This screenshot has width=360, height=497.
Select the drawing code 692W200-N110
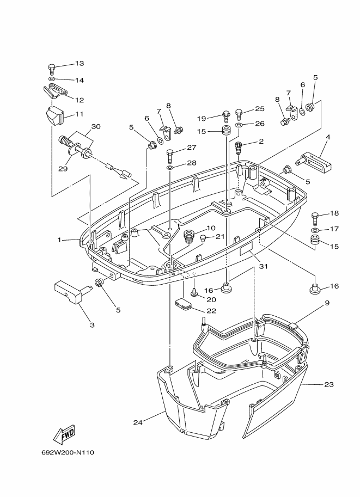(68, 452)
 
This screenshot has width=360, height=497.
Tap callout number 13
(80, 63)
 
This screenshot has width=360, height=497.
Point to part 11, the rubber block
(53, 116)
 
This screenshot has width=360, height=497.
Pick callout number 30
(96, 126)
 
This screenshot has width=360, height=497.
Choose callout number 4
(328, 137)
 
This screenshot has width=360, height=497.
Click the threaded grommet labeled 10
(190, 237)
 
